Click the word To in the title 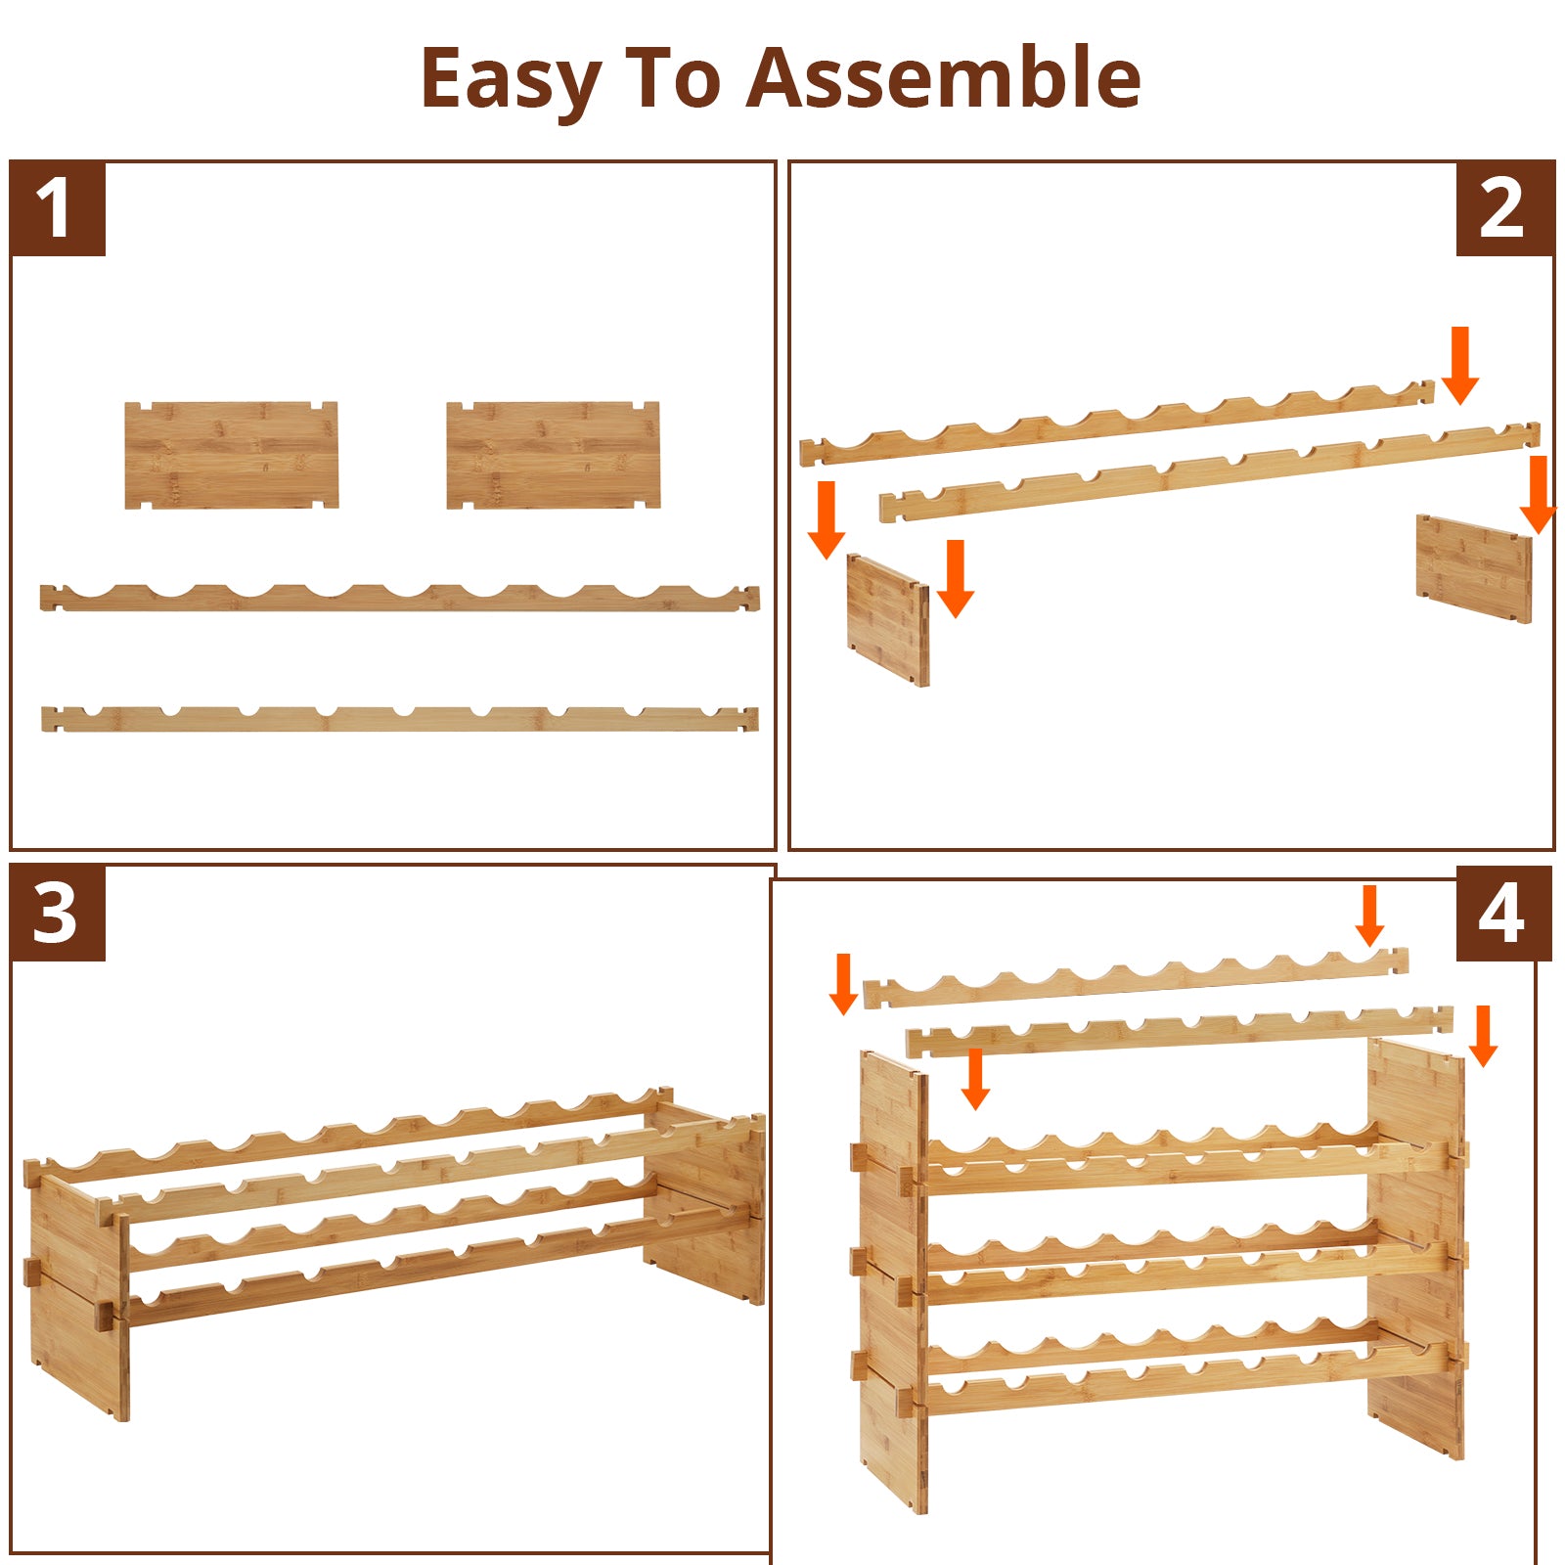pyautogui.click(x=672, y=77)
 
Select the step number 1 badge pyautogui.click(x=58, y=208)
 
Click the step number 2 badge pyautogui.click(x=1505, y=208)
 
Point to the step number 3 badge pyautogui.click(x=58, y=914)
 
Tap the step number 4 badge pyautogui.click(x=1503, y=914)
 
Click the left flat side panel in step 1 pyautogui.click(x=232, y=455)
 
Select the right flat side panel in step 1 pyautogui.click(x=553, y=455)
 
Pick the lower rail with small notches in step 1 pyautogui.click(x=399, y=719)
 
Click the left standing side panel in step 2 pyautogui.click(x=887, y=620)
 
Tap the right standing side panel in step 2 pyautogui.click(x=1474, y=568)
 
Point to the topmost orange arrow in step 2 pyautogui.click(x=1460, y=365)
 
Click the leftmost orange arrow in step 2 pyautogui.click(x=827, y=519)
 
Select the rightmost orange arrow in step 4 pyautogui.click(x=1483, y=1036)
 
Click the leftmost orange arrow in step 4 pyautogui.click(x=844, y=984)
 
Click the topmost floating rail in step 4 pyautogui.click(x=1136, y=978)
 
